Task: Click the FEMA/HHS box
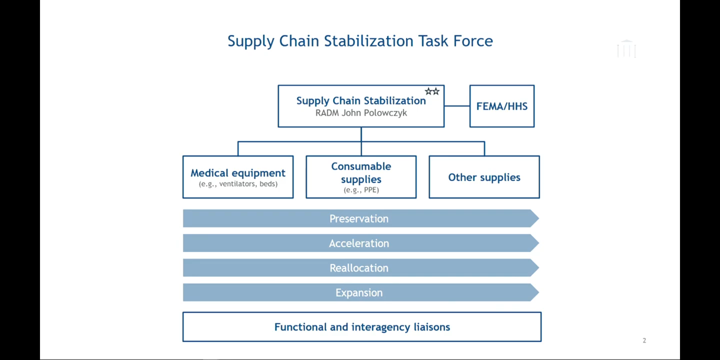pos(502,106)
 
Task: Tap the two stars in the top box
pos(432,91)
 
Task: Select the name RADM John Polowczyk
pos(361,113)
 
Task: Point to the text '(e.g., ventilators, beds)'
pos(238,184)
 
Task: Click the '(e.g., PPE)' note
pos(361,190)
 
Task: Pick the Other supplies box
pos(484,177)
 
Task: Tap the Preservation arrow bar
pos(359,219)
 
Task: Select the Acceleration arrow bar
pos(359,243)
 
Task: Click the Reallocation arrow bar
pos(359,268)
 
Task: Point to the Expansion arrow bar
pos(359,293)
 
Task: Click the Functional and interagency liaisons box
pos(362,327)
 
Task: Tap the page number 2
pos(644,340)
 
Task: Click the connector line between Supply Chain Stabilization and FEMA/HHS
pos(457,106)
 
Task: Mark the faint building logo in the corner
pos(626,49)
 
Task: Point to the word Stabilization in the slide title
pos(368,41)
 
